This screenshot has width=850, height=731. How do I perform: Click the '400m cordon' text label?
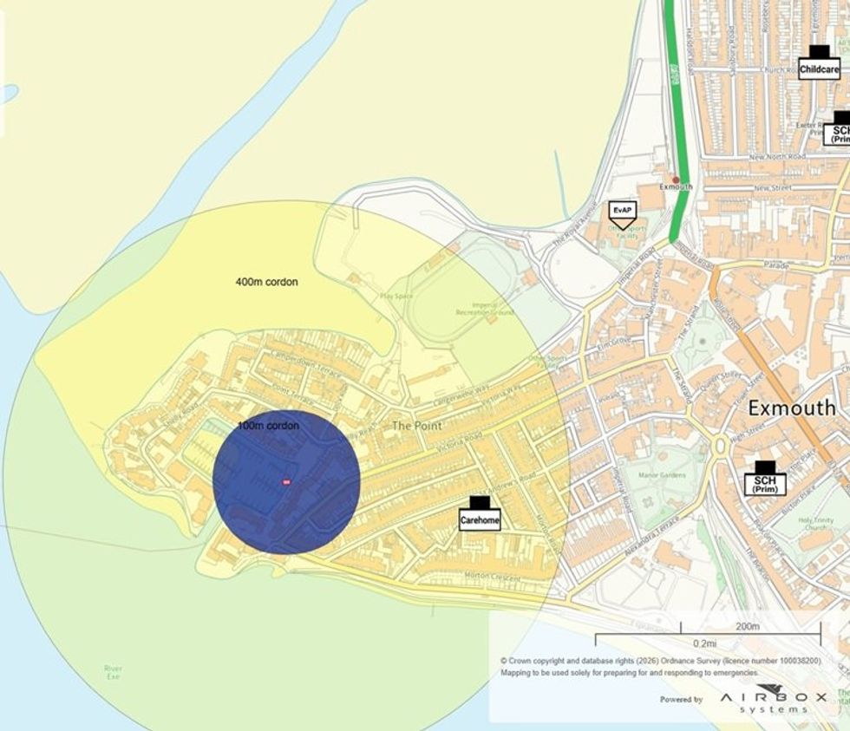point(268,282)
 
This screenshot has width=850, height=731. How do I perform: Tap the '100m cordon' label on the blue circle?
point(268,426)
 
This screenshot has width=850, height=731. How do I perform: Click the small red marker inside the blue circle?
point(286,482)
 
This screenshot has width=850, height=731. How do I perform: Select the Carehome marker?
point(480,514)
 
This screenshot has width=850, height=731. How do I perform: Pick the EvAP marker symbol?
point(622,211)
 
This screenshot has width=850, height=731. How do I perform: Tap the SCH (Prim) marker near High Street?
point(764,479)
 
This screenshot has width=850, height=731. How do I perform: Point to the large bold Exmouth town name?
point(798,408)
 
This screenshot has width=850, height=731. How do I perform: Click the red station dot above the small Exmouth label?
point(676,179)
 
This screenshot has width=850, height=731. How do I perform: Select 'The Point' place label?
point(417,426)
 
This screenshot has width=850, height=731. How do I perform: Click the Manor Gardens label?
point(663,475)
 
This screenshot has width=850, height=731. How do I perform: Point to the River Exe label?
point(113,672)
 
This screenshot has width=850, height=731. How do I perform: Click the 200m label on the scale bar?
point(747,627)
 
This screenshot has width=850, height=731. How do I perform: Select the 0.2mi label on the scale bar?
point(704,643)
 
